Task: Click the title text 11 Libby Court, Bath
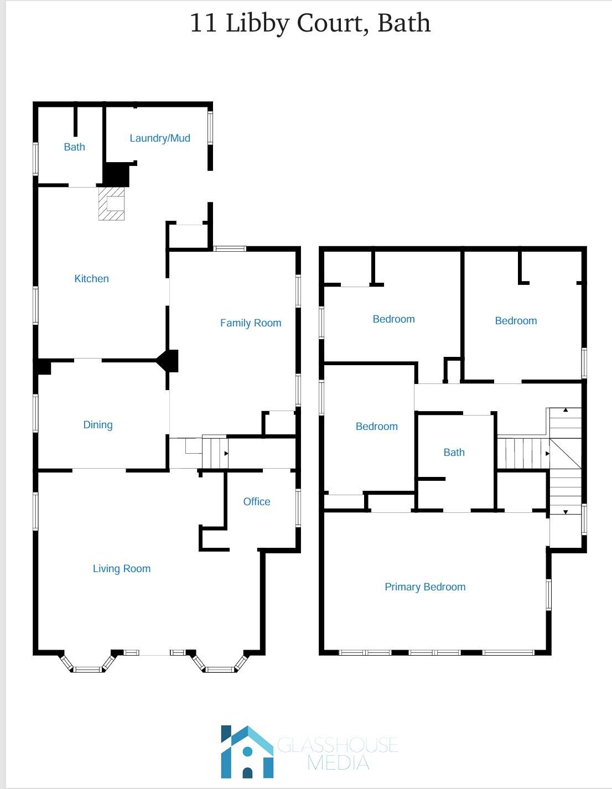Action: tap(310, 23)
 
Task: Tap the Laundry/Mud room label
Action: tap(160, 138)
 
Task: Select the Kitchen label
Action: tap(91, 279)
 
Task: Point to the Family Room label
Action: tap(251, 323)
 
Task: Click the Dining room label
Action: tap(98, 425)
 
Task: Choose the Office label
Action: tap(257, 502)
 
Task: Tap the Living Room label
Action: tap(122, 569)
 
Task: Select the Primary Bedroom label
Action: tap(425, 587)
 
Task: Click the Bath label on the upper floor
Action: tap(454, 453)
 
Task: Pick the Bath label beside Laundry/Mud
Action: tap(74, 147)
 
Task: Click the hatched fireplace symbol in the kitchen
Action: tap(111, 204)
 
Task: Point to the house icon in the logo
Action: tap(247, 752)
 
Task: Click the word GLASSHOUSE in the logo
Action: tap(338, 745)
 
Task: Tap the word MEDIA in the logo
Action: tap(338, 763)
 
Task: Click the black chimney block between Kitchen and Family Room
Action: tap(169, 361)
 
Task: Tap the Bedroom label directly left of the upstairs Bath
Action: tap(376, 427)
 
